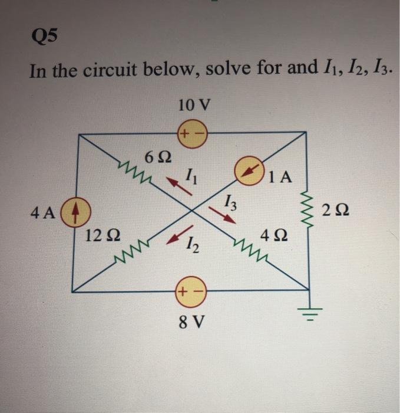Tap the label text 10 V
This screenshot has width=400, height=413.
point(193,106)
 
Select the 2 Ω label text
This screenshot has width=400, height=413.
point(336,210)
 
